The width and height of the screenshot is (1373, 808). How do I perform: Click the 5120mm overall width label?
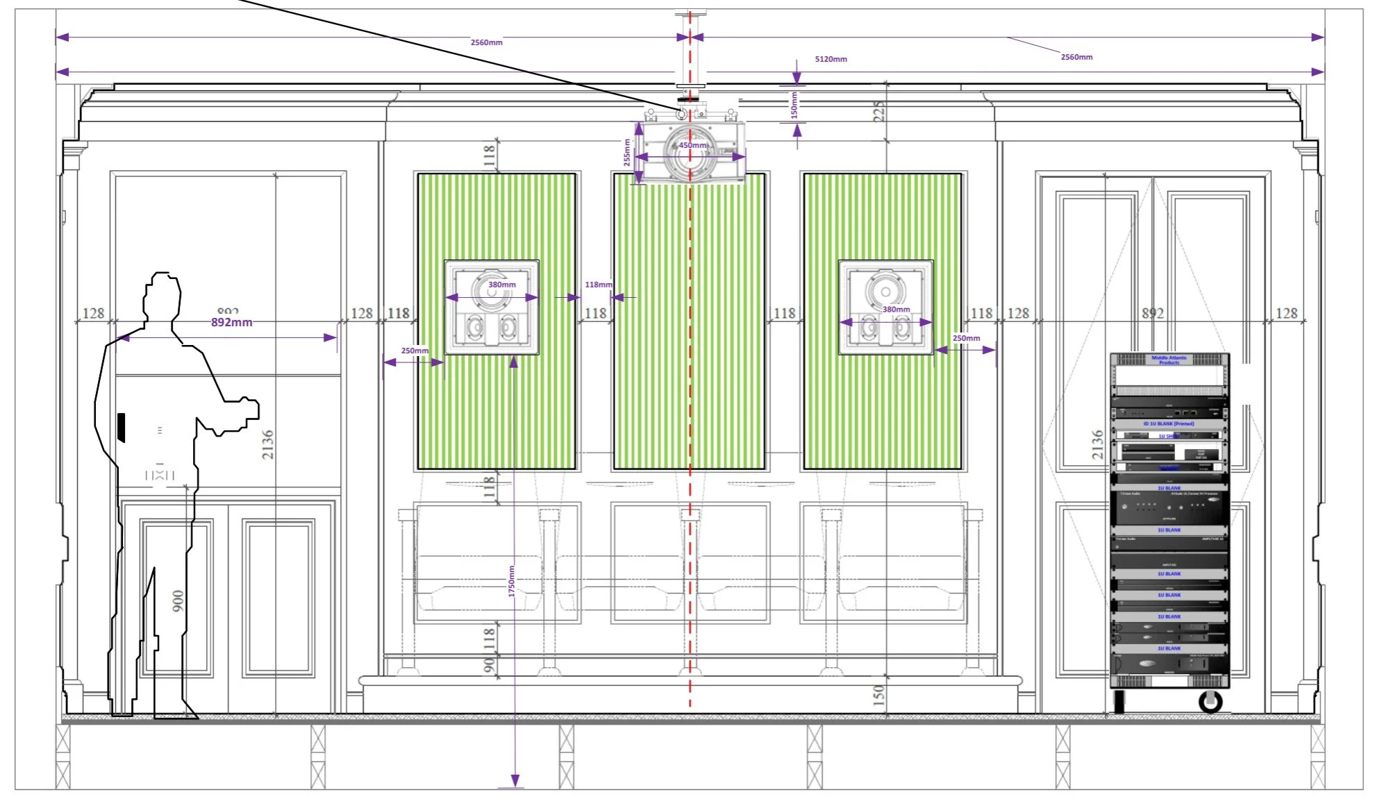[x=831, y=59]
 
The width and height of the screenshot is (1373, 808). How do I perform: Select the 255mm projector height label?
[x=626, y=152]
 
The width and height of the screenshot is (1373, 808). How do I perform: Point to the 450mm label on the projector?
[x=692, y=145]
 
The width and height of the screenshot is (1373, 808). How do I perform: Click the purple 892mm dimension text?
[x=231, y=322]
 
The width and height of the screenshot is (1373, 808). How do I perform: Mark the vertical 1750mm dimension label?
[x=512, y=581]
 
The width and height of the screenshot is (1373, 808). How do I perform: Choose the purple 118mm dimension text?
[x=598, y=285]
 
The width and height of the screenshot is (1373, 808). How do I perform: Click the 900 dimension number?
[x=178, y=601]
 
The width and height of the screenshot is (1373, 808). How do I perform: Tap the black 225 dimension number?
[x=879, y=112]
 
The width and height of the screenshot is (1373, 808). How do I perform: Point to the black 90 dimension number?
[x=489, y=665]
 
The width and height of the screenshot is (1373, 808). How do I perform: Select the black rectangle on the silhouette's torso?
[x=122, y=427]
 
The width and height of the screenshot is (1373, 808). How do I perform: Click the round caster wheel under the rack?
[x=1210, y=702]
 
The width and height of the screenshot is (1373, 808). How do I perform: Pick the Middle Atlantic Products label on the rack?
[x=1170, y=360]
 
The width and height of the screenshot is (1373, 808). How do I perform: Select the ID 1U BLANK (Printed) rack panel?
[x=1169, y=423]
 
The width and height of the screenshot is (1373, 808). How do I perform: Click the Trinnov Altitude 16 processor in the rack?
[x=1170, y=508]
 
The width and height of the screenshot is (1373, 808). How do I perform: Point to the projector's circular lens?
[x=688, y=153]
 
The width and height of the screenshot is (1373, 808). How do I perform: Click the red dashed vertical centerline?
[x=690, y=416]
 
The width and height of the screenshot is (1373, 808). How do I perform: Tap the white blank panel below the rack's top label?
[x=1169, y=376]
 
